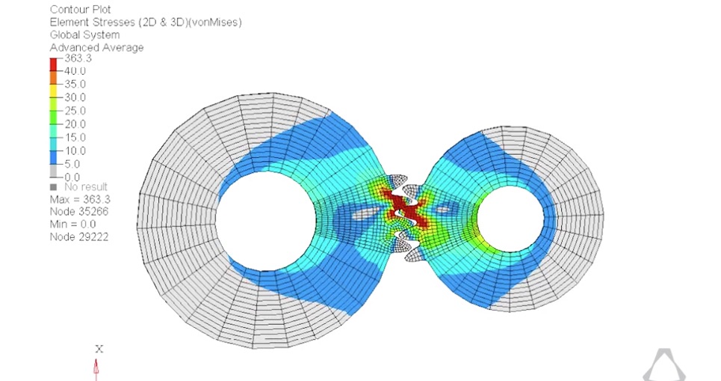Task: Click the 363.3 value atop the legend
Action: (78, 58)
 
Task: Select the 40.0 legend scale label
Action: (75, 71)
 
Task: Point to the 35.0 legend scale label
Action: (75, 85)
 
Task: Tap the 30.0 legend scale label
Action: (75, 97)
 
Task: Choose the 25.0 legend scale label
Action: (75, 111)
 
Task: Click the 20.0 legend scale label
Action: (75, 124)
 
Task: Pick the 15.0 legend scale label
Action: (75, 138)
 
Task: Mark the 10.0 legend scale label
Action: (75, 151)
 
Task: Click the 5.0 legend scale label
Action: (72, 165)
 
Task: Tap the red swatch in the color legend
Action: (53, 64)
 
